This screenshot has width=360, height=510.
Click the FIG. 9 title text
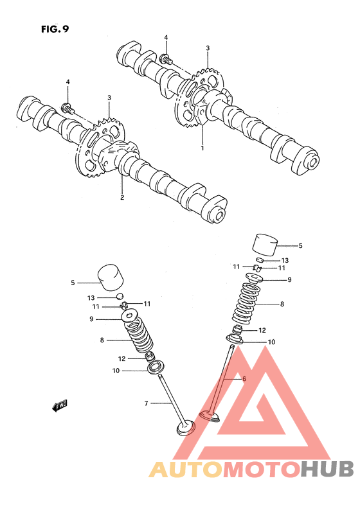(x=55, y=29)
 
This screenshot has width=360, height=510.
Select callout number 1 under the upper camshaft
(x=203, y=148)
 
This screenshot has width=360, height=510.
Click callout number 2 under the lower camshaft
(x=122, y=197)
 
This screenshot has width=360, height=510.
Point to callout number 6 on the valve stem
(x=244, y=378)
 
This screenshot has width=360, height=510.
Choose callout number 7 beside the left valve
(x=146, y=403)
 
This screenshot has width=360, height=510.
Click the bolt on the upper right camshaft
(x=165, y=59)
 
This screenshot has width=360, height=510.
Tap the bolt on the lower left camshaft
(x=67, y=109)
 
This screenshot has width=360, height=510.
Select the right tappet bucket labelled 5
(x=265, y=245)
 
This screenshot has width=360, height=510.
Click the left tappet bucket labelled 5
(x=111, y=277)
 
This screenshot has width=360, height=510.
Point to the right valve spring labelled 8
(x=244, y=302)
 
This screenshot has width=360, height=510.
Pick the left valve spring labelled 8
(x=139, y=337)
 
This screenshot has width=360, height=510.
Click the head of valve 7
(x=186, y=427)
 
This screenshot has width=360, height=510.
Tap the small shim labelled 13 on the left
(x=120, y=295)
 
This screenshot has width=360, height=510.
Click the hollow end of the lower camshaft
(x=219, y=215)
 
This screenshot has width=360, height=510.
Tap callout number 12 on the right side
(x=262, y=330)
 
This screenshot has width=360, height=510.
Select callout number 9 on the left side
(x=91, y=319)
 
